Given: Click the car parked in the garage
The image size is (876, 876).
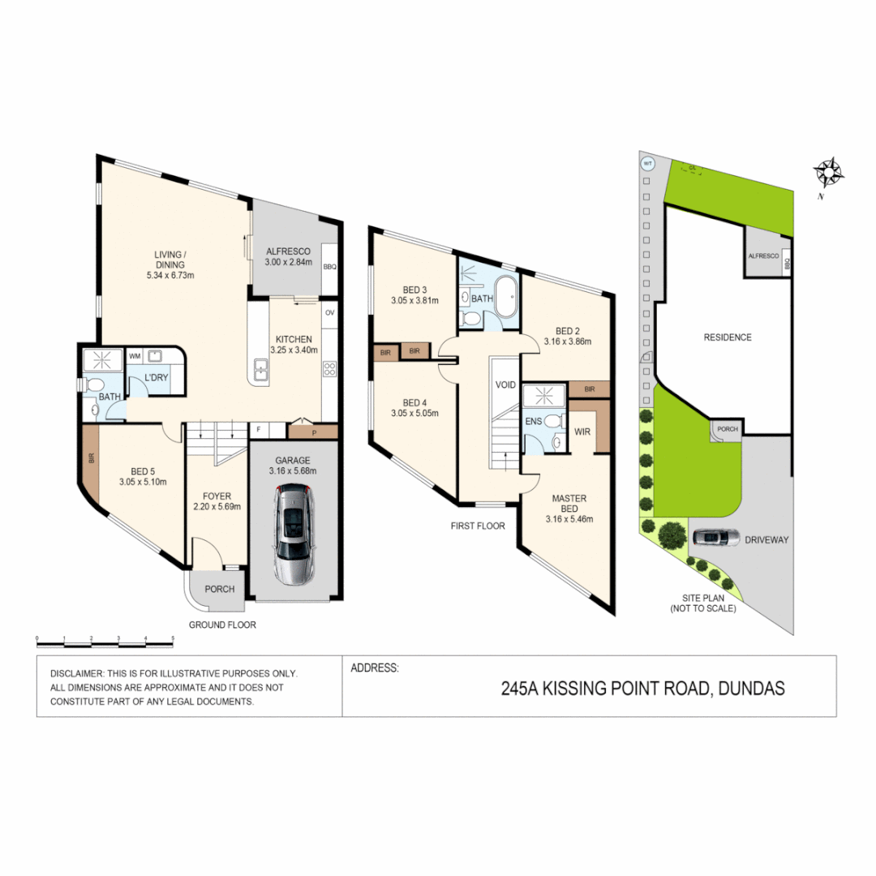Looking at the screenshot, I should (293, 534).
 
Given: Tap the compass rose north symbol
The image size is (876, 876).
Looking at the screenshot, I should (830, 172).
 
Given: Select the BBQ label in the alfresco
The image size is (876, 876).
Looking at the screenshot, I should (329, 267).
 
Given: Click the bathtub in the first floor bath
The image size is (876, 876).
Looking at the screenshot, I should (507, 298).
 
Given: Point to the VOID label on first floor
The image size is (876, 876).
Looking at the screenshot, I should (505, 384).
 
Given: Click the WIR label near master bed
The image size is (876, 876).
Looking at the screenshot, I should (582, 432).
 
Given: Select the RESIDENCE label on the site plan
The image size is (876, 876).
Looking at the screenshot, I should (727, 337).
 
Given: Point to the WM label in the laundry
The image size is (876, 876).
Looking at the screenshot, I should (135, 355).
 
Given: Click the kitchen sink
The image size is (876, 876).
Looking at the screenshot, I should (261, 372).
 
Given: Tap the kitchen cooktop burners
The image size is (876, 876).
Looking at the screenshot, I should (329, 370).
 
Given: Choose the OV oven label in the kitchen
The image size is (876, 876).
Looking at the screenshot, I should (329, 312).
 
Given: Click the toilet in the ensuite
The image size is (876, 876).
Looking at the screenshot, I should (552, 422).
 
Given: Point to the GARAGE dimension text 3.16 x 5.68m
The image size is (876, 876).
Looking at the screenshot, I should (293, 470).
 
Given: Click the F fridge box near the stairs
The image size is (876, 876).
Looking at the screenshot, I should (258, 430).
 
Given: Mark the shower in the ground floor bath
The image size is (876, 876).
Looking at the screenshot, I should (102, 359).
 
